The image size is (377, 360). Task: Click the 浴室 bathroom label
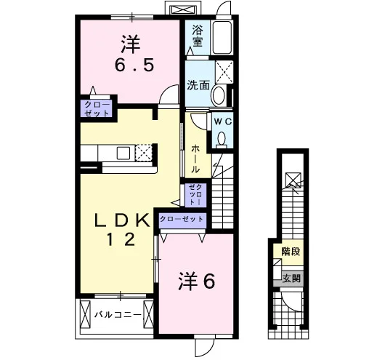pyautogui.click(x=198, y=36)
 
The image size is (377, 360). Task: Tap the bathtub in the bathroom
pyautogui.click(x=222, y=37)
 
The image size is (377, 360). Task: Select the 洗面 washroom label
pyautogui.click(x=198, y=85)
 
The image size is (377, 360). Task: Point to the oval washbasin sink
pyautogui.click(x=218, y=95)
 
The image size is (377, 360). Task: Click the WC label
pyautogui.click(x=223, y=121)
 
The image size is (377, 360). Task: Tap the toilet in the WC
pyautogui.click(x=222, y=140)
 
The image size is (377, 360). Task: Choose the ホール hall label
pyautogui.click(x=195, y=159)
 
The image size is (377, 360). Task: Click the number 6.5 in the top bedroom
pyautogui.click(x=134, y=65)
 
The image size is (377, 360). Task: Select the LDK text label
pyautogui.click(x=121, y=220)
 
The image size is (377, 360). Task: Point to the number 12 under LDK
pyautogui.click(x=121, y=239)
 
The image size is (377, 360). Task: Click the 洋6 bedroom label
pyautogui.click(x=196, y=281)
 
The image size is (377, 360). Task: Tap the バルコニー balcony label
pyautogui.click(x=118, y=315)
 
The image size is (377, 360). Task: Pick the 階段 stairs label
pyautogui.click(x=291, y=252)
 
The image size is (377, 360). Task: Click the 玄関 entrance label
pyautogui.click(x=291, y=279)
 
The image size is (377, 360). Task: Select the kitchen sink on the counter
pyautogui.click(x=123, y=153)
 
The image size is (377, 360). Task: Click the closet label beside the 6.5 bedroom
pyautogui.click(x=97, y=109)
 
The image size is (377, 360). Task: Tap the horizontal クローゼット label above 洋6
pyautogui.click(x=182, y=219)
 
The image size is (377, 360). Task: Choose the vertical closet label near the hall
pyautogui.click(x=195, y=194)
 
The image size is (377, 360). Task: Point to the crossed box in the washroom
pyautogui.click(x=224, y=72)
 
